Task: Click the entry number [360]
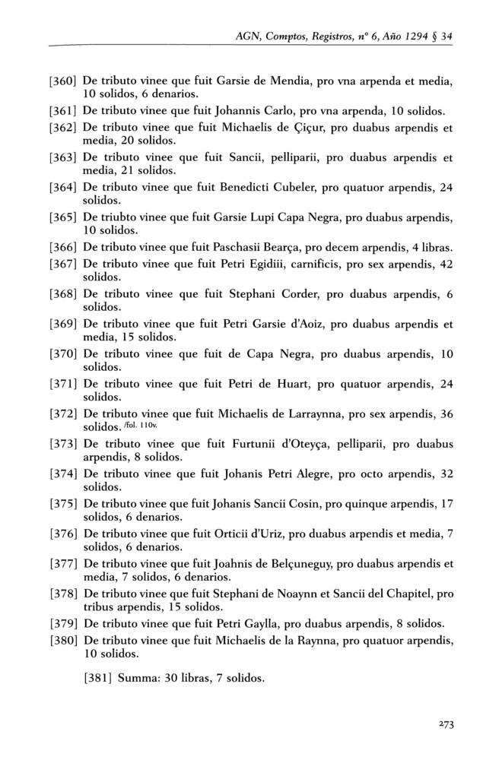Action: click(x=63, y=79)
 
